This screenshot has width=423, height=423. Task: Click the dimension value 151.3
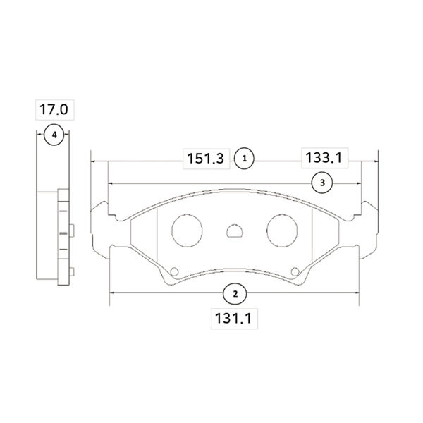(206, 159)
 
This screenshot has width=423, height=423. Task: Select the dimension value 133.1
(324, 158)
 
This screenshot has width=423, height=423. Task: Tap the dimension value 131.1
(233, 319)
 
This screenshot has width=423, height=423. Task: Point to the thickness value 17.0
(54, 109)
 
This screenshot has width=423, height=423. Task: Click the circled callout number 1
(245, 159)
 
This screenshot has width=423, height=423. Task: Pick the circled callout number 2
(235, 294)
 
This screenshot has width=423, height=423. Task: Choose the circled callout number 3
(322, 183)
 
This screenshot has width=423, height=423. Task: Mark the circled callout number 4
(54, 135)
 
